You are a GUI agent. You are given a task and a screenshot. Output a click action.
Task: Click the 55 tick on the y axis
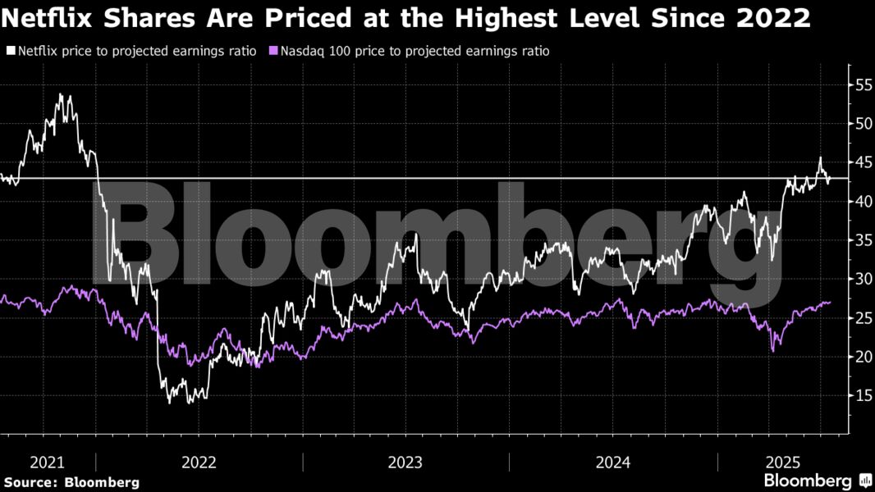862,84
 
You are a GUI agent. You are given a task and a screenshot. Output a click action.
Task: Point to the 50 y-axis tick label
862,124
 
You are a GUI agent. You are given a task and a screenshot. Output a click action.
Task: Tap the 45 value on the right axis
862,162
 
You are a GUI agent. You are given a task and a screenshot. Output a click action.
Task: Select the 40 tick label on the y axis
862,201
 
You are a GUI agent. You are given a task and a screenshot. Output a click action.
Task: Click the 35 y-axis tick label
862,240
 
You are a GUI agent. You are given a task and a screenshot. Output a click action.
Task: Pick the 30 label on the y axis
862,279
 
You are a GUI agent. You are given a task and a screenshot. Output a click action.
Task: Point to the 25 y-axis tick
862,318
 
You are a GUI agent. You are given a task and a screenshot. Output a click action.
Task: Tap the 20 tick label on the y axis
862,357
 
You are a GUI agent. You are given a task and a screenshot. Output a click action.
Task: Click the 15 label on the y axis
862,396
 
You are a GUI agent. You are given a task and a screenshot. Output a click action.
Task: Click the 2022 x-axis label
199,462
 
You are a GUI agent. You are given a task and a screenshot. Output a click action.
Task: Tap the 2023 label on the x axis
405,462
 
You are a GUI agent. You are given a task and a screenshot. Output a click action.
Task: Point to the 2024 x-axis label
612,462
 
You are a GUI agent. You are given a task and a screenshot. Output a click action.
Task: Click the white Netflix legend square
11,51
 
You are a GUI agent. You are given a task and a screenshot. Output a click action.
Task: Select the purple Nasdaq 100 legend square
274,51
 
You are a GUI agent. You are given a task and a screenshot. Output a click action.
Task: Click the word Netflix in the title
49,18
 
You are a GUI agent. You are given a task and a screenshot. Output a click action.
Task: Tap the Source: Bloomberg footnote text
71,482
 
